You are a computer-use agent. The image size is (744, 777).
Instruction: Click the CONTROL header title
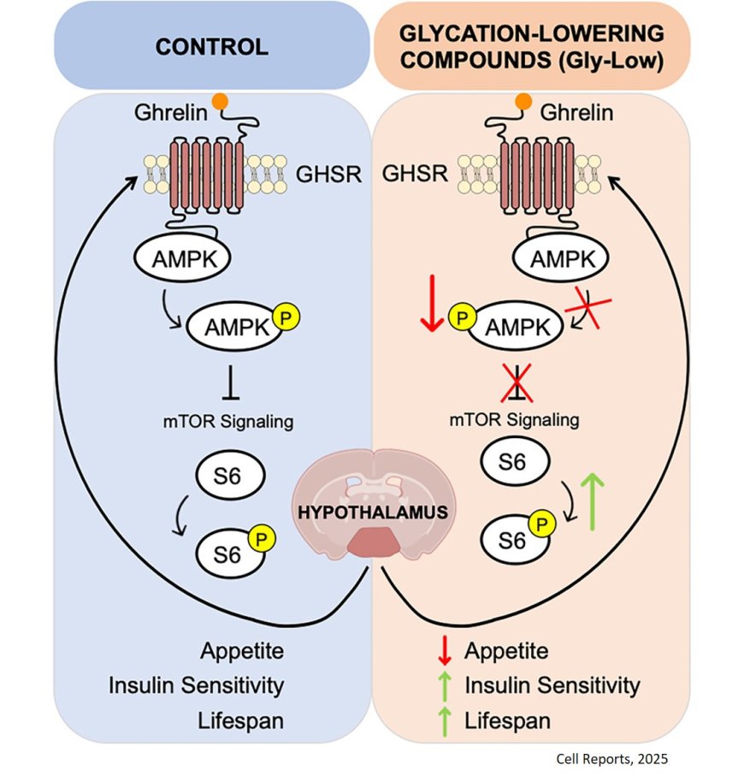pos(211,46)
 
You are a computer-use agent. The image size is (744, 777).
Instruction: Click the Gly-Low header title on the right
pos(531,46)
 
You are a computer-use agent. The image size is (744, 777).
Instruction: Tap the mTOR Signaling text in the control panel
pos(228,420)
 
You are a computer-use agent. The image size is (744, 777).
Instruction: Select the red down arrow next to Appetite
pos(443,651)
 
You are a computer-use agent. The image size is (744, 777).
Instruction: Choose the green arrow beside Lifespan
pos(443,721)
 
